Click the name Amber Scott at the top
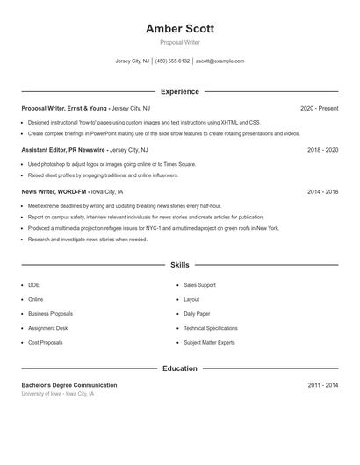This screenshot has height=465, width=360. click(179, 29)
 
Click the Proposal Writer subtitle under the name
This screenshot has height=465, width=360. click(179, 42)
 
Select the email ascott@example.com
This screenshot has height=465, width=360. click(220, 61)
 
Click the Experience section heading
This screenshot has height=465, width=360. click(179, 91)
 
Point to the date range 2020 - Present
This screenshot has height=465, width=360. click(319, 108)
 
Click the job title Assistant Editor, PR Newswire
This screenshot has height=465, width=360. click(63, 150)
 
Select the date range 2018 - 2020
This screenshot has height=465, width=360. click(322, 150)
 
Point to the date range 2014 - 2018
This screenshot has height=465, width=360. click(322, 191)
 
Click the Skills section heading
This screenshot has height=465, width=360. click(179, 264)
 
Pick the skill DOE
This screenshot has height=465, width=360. click(33, 285)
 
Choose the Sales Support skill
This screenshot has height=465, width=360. click(199, 285)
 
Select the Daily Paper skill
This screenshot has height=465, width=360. click(197, 313)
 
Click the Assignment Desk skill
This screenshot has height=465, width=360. click(47, 328)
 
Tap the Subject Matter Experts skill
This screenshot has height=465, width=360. click(209, 342)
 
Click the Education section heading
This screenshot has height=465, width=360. click(179, 368)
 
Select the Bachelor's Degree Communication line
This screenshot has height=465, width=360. click(69, 385)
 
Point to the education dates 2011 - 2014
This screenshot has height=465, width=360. click(322, 385)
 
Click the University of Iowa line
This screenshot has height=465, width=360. click(57, 394)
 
